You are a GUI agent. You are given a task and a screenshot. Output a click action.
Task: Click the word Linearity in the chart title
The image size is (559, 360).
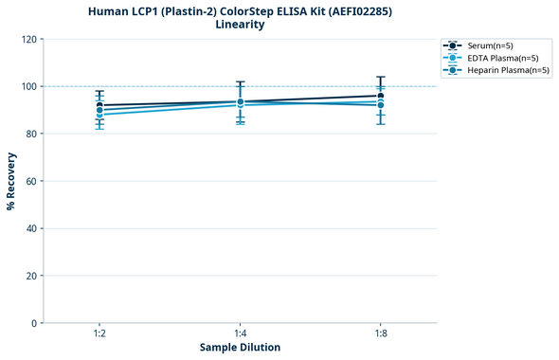pyautogui.click(x=240, y=25)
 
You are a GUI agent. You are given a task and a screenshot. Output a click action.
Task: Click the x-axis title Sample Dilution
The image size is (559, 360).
pyautogui.click(x=240, y=348)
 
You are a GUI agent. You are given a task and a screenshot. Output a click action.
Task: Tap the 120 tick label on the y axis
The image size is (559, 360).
pyautogui.click(x=28, y=40)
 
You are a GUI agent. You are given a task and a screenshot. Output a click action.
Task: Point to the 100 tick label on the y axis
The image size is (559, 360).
pyautogui.click(x=28, y=87)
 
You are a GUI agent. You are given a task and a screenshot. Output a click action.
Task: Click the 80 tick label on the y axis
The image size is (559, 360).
pyautogui.click(x=31, y=135)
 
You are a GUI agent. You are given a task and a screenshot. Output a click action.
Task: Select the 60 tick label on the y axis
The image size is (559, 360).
pyautogui.click(x=31, y=182)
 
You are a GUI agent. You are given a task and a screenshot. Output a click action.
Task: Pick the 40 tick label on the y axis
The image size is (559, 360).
pyautogui.click(x=31, y=229)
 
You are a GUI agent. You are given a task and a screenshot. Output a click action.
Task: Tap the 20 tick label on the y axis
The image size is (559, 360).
pyautogui.click(x=31, y=277)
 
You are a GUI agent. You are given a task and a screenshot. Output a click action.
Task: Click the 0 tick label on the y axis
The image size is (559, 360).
pyautogui.click(x=34, y=324)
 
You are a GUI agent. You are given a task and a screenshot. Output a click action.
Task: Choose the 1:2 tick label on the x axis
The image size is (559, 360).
pyautogui.click(x=99, y=333)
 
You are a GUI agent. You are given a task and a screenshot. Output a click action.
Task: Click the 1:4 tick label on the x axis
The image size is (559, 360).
pyautogui.click(x=240, y=333)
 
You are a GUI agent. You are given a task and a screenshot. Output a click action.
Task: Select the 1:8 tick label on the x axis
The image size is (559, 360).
pyautogui.click(x=381, y=333)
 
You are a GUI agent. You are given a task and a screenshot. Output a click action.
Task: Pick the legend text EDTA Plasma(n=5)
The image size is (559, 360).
pyautogui.click(x=503, y=58)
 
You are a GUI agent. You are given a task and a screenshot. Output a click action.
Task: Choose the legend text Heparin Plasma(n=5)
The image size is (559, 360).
pyautogui.click(x=509, y=70)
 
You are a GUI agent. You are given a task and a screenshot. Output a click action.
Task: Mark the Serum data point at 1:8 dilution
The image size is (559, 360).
pyautogui.click(x=381, y=96)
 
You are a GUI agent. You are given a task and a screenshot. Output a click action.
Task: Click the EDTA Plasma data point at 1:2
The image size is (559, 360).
pyautogui.click(x=99, y=115)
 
